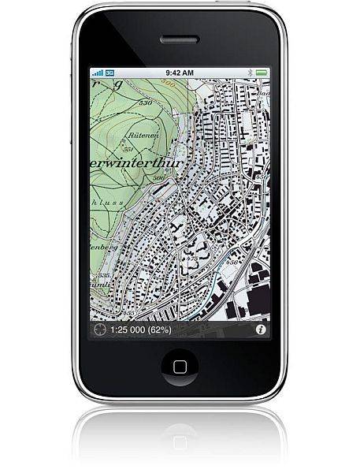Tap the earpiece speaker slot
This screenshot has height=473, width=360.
[x=180, y=39]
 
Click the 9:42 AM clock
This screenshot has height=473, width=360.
[x=180, y=72]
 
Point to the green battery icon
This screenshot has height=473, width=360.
[x=261, y=72]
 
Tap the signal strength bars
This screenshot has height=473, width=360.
[x=98, y=72]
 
